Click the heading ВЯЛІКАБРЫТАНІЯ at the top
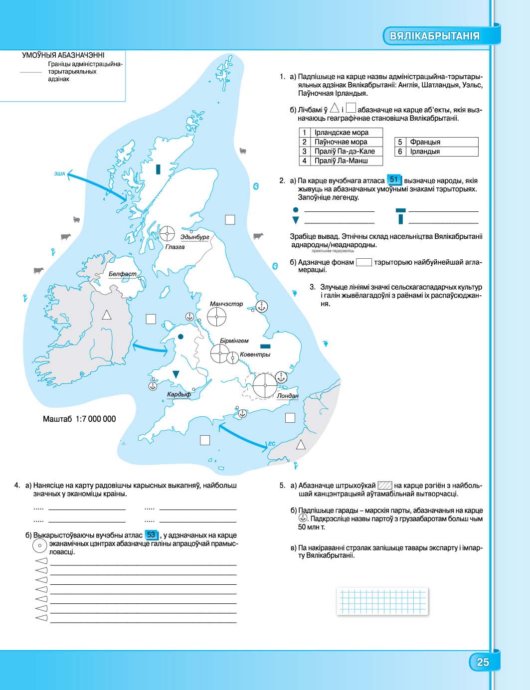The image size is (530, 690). (435, 36)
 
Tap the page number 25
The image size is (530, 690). (483, 662)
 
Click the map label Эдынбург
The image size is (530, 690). (195, 237)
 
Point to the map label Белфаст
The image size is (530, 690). (122, 274)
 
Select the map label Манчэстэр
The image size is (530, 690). (226, 304)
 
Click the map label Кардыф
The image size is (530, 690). (179, 394)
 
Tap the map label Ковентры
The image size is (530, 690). (255, 354)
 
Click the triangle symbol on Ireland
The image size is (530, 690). (106, 315)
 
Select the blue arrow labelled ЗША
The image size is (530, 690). (97, 185)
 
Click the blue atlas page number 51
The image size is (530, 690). (394, 179)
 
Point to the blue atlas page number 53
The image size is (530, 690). (151, 534)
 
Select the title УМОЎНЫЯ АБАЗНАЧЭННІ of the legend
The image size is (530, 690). (63, 55)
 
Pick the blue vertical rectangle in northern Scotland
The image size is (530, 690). (158, 169)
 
